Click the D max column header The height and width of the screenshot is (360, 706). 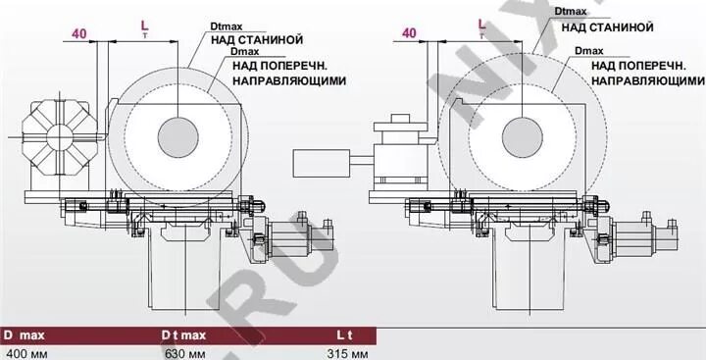[25, 335]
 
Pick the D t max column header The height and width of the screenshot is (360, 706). [183, 335]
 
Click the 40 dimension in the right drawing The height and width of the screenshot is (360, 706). [410, 33]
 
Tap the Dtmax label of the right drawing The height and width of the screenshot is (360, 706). [571, 13]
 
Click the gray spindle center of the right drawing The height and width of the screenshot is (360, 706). [521, 135]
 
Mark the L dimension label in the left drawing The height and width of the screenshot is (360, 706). [144, 22]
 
